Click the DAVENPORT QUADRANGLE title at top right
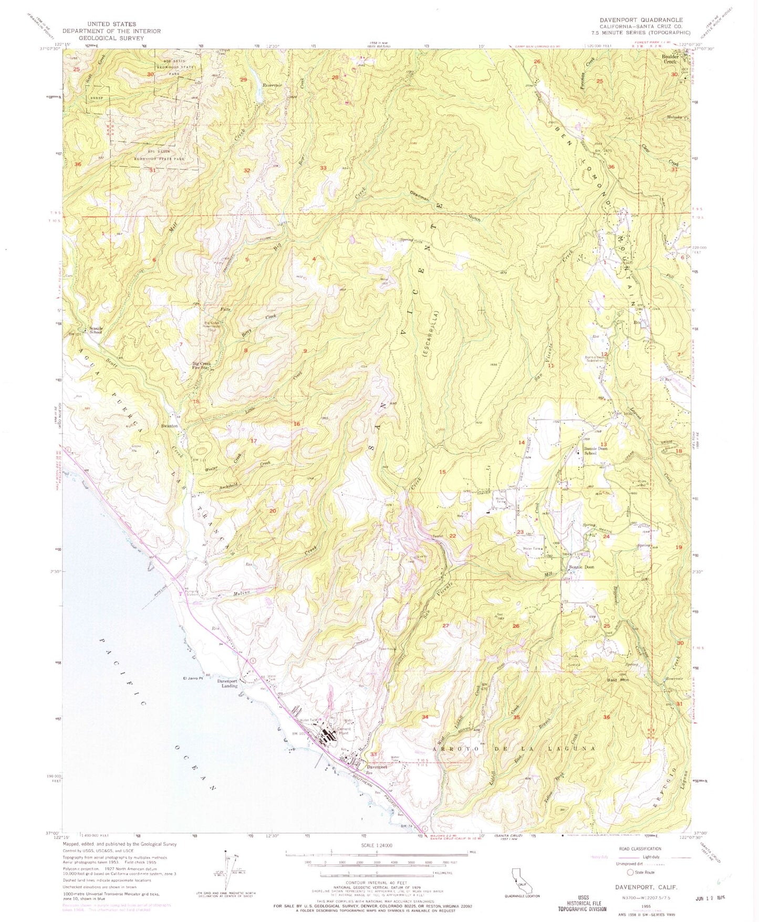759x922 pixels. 641,19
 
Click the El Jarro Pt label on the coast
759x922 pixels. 193,679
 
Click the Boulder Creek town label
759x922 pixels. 670,59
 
